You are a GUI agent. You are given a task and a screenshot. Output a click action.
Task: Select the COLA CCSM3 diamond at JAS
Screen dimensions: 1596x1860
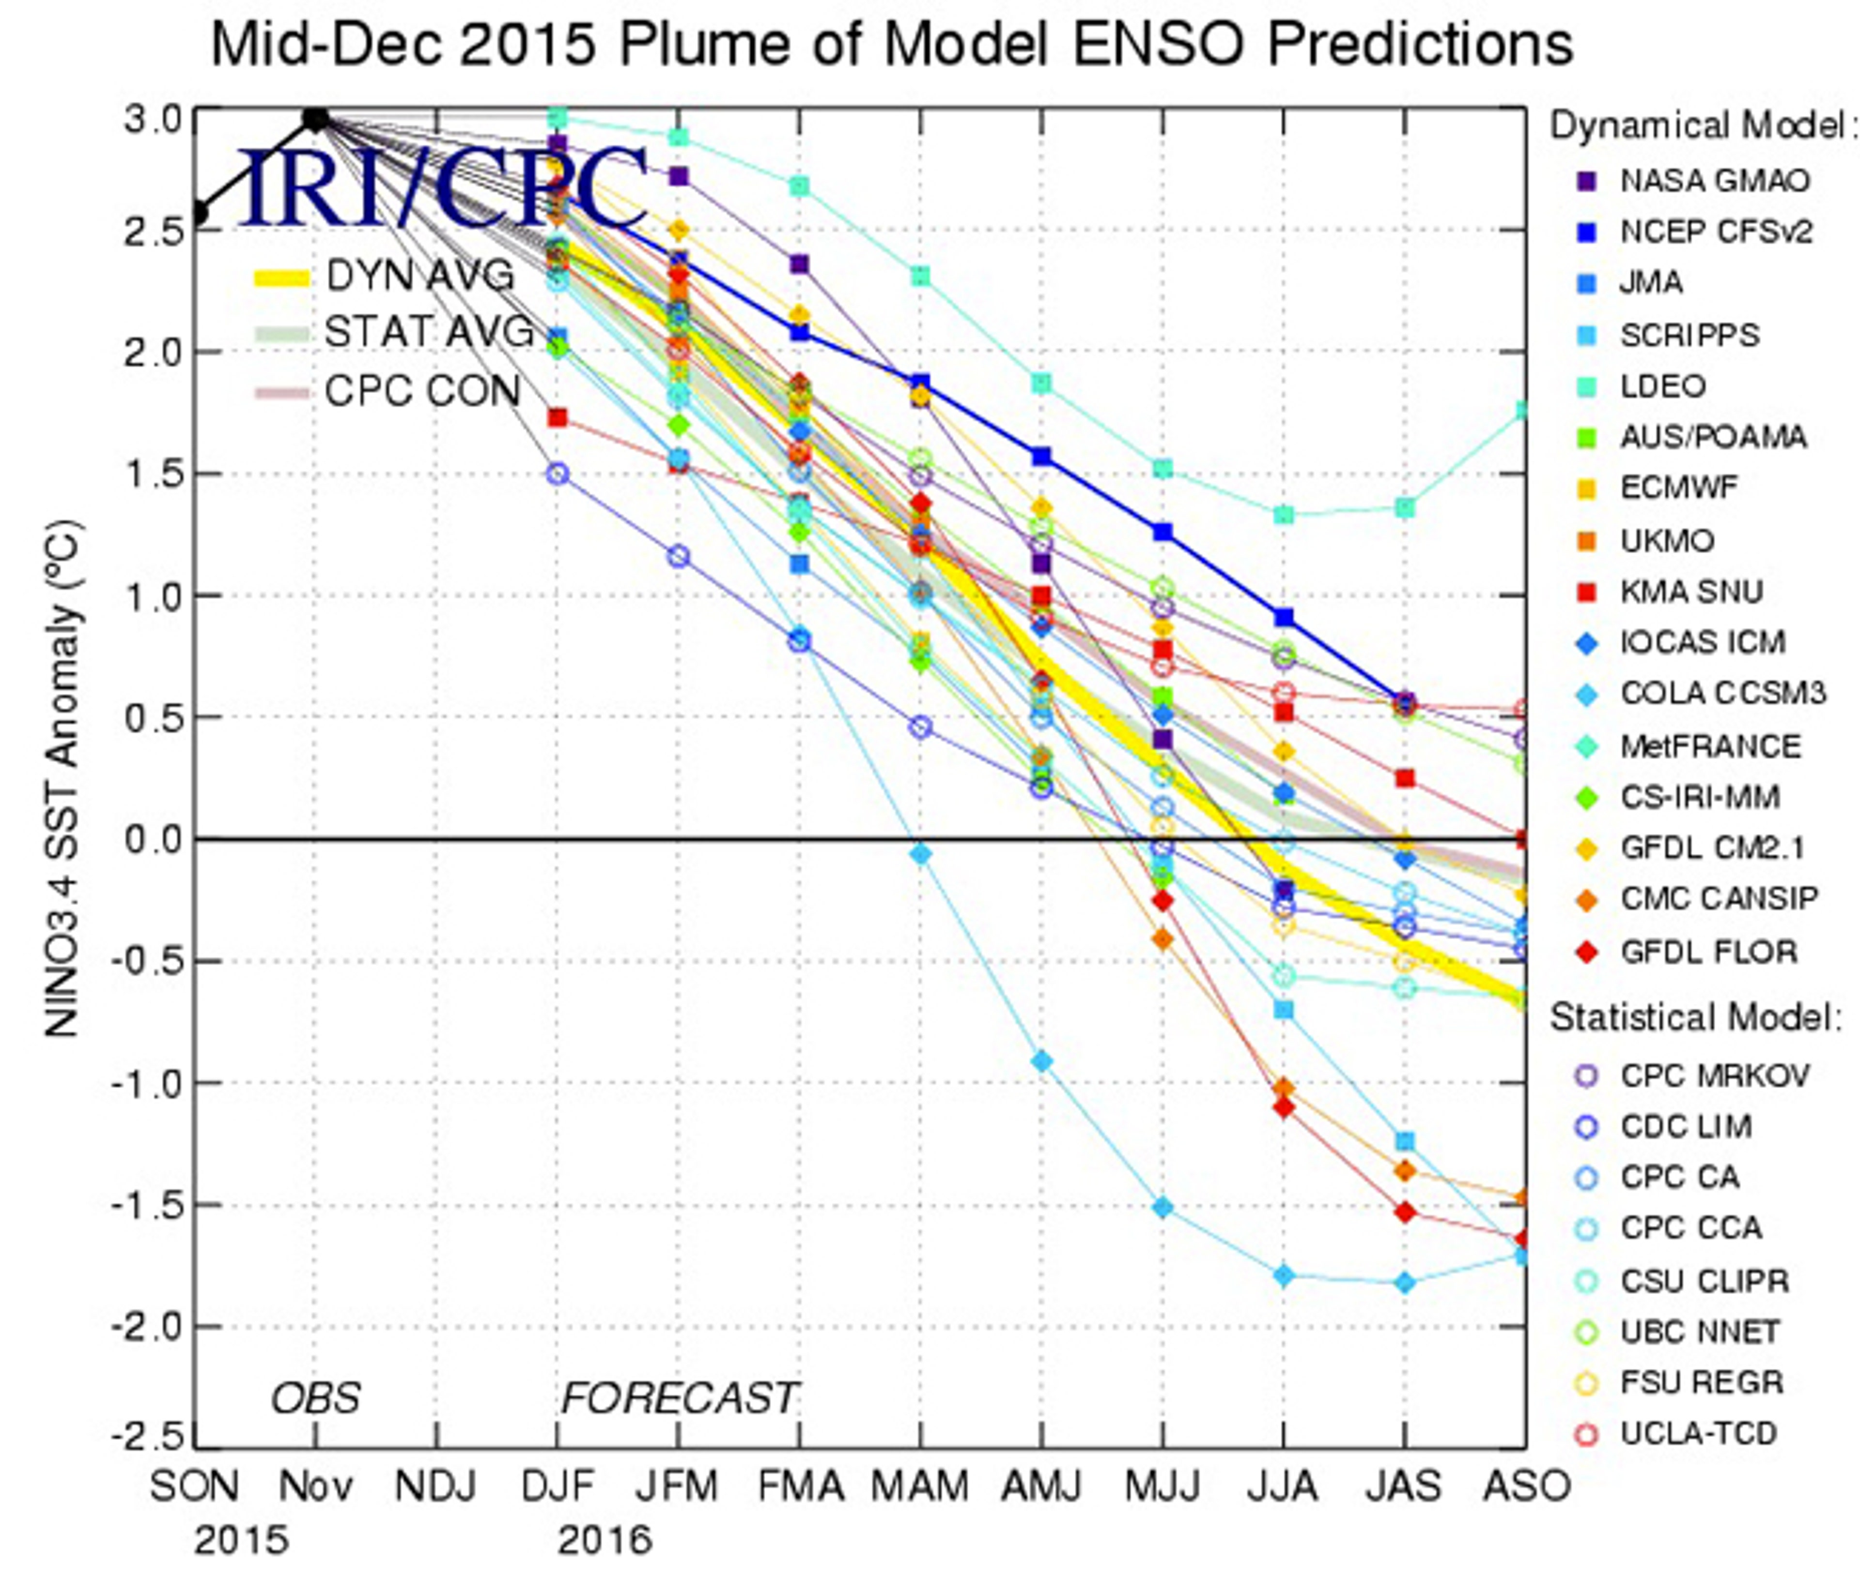click(x=1405, y=1283)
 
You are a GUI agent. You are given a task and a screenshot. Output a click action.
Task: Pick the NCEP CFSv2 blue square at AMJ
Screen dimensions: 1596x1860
click(x=1041, y=456)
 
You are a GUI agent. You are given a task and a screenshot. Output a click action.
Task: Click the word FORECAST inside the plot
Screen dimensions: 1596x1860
click(x=680, y=1397)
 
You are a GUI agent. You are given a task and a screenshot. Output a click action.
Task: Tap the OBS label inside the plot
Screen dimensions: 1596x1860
click(x=316, y=1397)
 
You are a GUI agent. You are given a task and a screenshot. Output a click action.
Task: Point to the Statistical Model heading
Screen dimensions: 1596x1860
click(x=1695, y=1018)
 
